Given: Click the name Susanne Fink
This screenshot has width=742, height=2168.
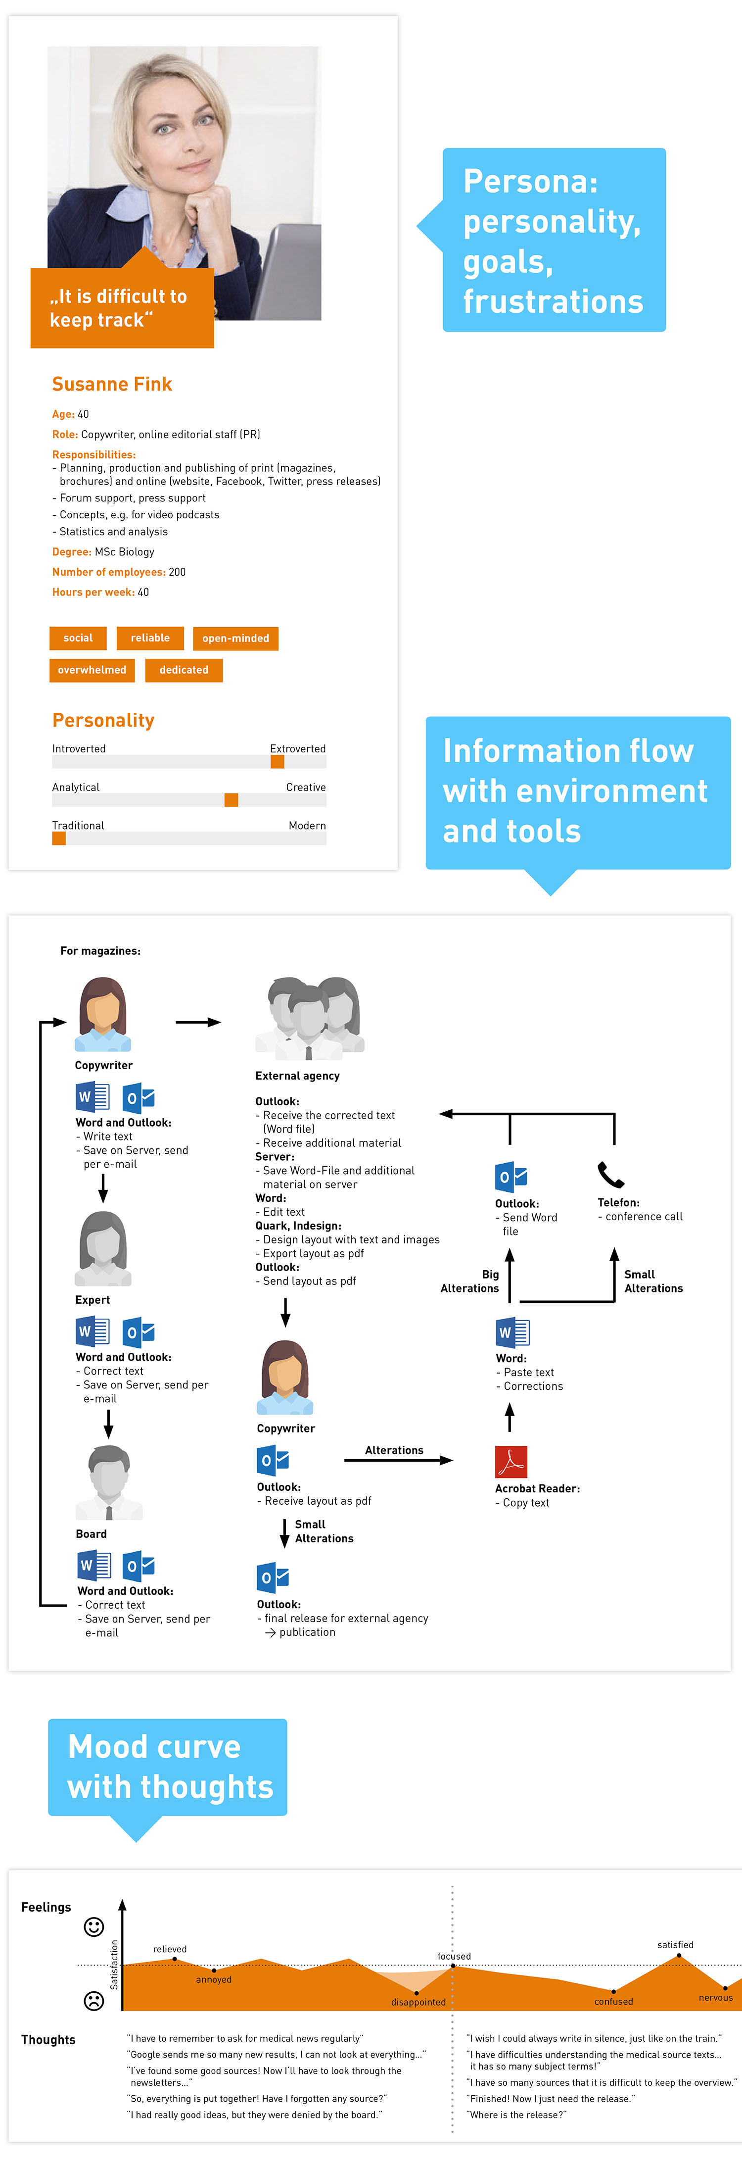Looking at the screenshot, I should (x=112, y=385).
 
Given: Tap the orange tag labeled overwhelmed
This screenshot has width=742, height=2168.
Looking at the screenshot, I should (x=92, y=670).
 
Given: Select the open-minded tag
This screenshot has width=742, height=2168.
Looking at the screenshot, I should (x=235, y=639).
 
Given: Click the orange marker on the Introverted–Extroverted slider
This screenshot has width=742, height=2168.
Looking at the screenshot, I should (x=277, y=762).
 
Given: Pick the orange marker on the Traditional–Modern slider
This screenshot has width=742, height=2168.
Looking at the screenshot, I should (x=59, y=838).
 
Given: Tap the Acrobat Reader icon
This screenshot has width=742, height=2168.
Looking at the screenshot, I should (x=510, y=1462).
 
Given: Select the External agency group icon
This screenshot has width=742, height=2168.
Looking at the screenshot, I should (x=310, y=1018).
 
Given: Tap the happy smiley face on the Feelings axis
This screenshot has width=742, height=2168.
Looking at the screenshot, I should (x=94, y=1926).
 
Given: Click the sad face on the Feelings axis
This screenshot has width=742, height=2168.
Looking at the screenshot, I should (x=94, y=2001).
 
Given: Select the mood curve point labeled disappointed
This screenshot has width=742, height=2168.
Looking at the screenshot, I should (x=417, y=1993).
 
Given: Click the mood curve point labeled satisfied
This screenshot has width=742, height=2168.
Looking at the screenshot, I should (x=679, y=1957).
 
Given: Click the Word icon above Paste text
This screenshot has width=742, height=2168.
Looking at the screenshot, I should (x=512, y=1332).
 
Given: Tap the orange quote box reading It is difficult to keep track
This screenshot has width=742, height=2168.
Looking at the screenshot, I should (x=122, y=308).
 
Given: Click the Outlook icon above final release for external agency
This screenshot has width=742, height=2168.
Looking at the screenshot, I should (x=273, y=1577).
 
